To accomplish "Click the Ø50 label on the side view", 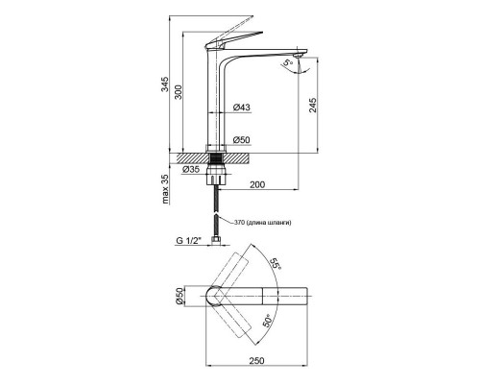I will click(242, 140).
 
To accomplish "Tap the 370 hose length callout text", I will click(269, 224).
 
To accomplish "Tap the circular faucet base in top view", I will click(219, 298).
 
